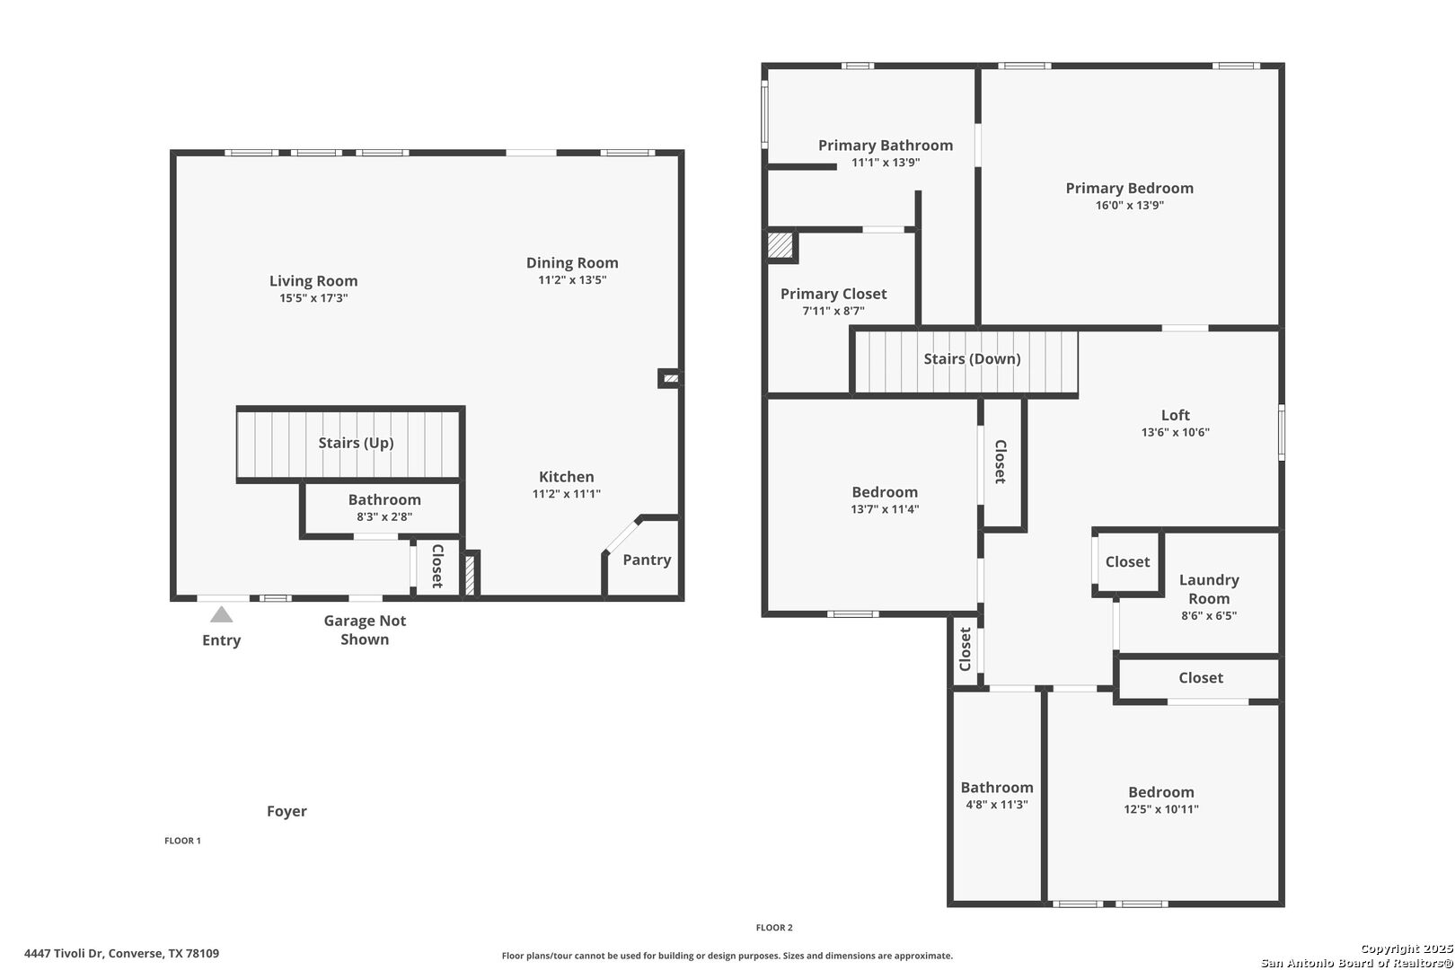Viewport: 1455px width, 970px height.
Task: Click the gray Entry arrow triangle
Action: pyautogui.click(x=222, y=614)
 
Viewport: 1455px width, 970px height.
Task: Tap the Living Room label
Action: pyautogui.click(x=313, y=280)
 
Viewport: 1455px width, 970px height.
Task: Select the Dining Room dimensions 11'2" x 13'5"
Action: pyautogui.click(x=572, y=280)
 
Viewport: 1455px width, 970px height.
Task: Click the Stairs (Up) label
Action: pyautogui.click(x=356, y=443)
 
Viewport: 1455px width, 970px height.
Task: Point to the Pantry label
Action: pyautogui.click(x=647, y=560)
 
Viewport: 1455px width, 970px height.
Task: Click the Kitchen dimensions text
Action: pyautogui.click(x=567, y=494)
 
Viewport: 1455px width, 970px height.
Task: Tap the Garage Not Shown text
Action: pyautogui.click(x=365, y=630)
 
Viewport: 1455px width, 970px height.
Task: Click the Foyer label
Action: pyautogui.click(x=287, y=811)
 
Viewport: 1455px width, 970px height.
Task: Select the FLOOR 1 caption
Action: pyautogui.click(x=182, y=841)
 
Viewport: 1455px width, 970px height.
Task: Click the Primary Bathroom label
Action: pyautogui.click(x=886, y=145)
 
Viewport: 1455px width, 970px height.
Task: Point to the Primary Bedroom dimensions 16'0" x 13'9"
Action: pyautogui.click(x=1130, y=206)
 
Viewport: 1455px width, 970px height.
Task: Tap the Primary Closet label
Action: pyautogui.click(x=833, y=294)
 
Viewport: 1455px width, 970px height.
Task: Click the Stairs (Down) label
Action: pyautogui.click(x=973, y=358)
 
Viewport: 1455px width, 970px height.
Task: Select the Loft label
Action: pyautogui.click(x=1176, y=415)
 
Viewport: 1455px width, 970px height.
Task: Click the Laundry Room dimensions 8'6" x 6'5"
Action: pyautogui.click(x=1209, y=616)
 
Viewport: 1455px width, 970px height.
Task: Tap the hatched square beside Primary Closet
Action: pyautogui.click(x=780, y=245)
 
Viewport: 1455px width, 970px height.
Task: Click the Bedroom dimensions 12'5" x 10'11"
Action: pyautogui.click(x=1161, y=809)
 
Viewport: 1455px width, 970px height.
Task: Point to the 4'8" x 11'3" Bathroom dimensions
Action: pyautogui.click(x=997, y=805)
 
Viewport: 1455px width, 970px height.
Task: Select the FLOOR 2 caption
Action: pyautogui.click(x=774, y=928)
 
